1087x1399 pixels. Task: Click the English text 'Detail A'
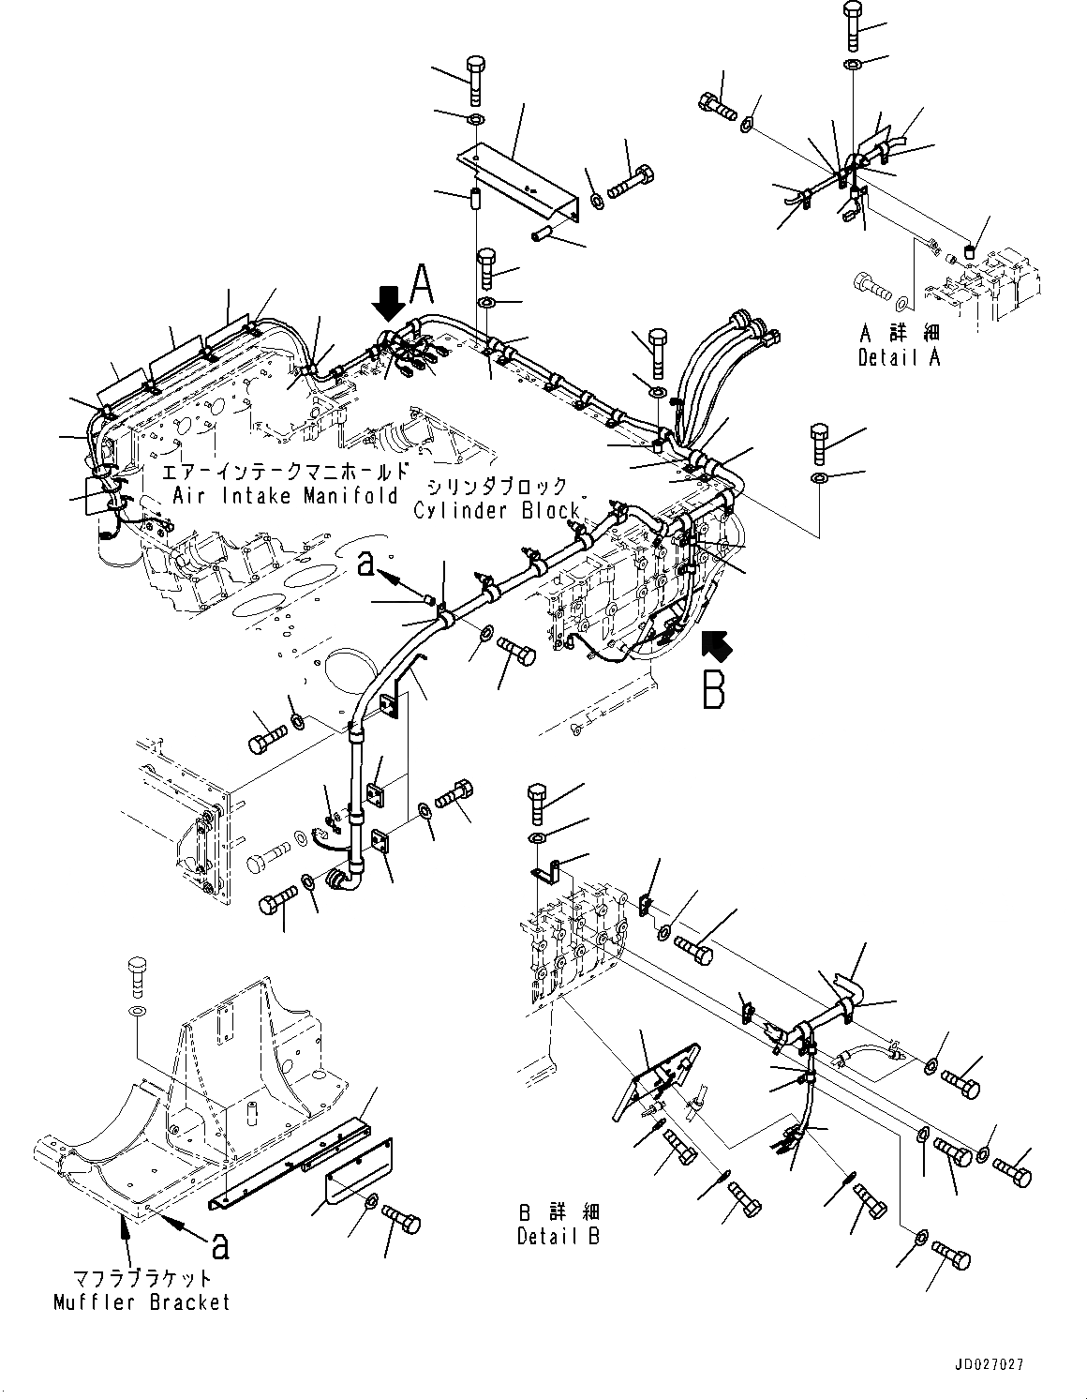click(899, 357)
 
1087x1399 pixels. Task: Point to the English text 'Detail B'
click(558, 1237)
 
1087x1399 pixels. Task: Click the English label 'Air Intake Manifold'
click(285, 495)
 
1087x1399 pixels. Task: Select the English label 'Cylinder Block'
click(499, 510)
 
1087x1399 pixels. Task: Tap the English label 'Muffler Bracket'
click(141, 1301)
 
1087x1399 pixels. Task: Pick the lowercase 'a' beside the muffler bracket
click(218, 1244)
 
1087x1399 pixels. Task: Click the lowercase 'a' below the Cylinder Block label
click(366, 562)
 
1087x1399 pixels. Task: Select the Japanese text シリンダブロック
click(499, 487)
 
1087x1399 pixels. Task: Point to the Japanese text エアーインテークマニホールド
click(285, 472)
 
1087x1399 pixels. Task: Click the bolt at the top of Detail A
click(854, 25)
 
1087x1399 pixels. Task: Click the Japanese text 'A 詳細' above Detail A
click(899, 334)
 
